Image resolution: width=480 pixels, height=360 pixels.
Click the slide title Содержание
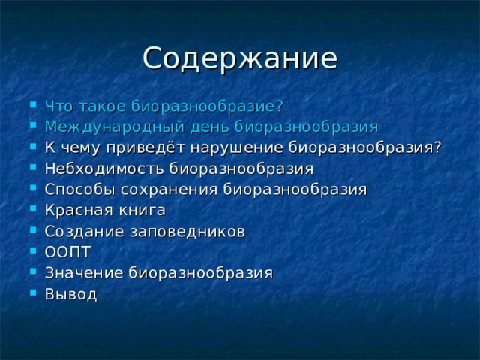pos(240,58)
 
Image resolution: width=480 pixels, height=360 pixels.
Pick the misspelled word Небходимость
pos(104,167)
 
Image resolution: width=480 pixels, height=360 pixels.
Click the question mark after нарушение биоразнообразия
pos(436,146)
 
